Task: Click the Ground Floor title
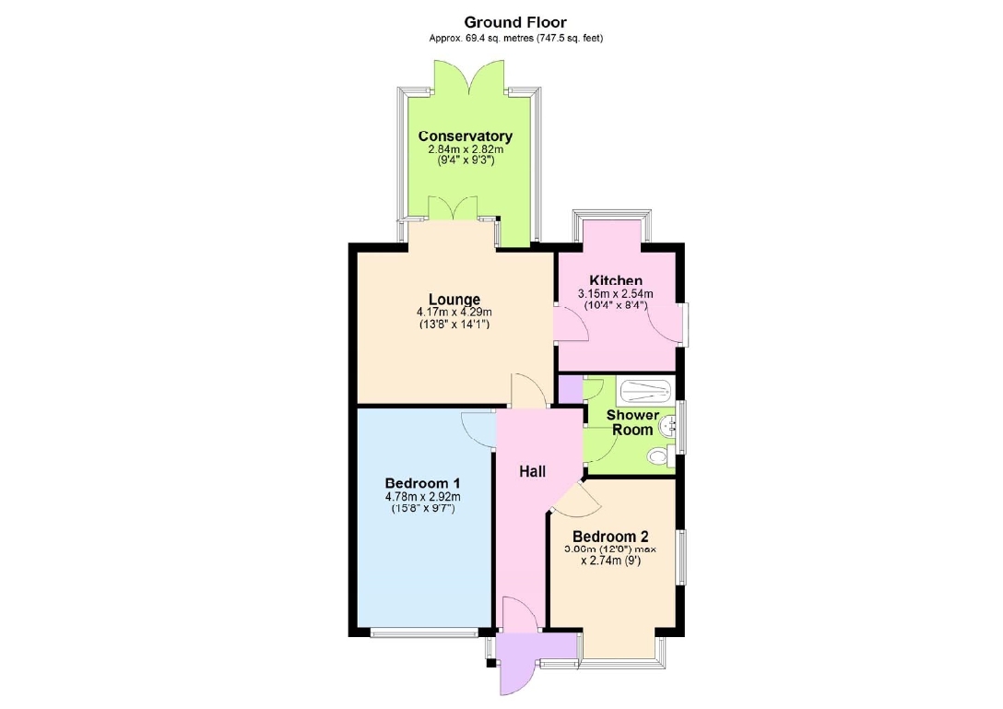pyautogui.click(x=515, y=23)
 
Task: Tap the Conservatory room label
pyautogui.click(x=465, y=136)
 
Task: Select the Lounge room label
pyautogui.click(x=454, y=300)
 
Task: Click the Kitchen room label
pyautogui.click(x=616, y=280)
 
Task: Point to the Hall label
pyautogui.click(x=532, y=472)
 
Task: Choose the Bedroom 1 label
pyautogui.click(x=422, y=483)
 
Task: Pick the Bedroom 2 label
pyautogui.click(x=610, y=537)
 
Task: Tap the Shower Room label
pyautogui.click(x=632, y=422)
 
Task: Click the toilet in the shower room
pyautogui.click(x=657, y=456)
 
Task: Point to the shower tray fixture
pyautogui.click(x=645, y=391)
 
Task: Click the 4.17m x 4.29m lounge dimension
pyautogui.click(x=454, y=313)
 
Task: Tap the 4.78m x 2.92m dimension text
pyautogui.click(x=422, y=497)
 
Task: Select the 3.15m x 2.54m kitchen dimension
pyautogui.click(x=616, y=294)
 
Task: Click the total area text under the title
pyautogui.click(x=515, y=39)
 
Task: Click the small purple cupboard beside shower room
pyautogui.click(x=571, y=390)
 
